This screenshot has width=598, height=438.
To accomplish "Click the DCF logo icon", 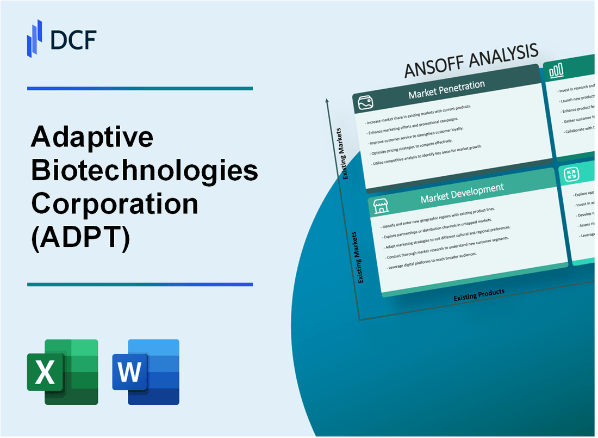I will (35, 38).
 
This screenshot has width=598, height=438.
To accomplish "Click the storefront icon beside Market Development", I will (381, 205).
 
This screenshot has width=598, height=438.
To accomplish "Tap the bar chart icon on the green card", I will (556, 70).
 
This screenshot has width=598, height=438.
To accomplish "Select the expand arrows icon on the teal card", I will (571, 174).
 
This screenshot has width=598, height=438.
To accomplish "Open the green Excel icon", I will (63, 372).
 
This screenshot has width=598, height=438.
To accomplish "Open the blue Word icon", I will (146, 372).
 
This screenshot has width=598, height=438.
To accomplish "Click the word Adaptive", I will (92, 139).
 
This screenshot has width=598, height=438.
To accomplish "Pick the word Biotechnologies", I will (145, 171).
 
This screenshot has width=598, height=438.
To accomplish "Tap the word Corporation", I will (115, 203).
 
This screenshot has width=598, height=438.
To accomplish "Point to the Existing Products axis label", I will (479, 294).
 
